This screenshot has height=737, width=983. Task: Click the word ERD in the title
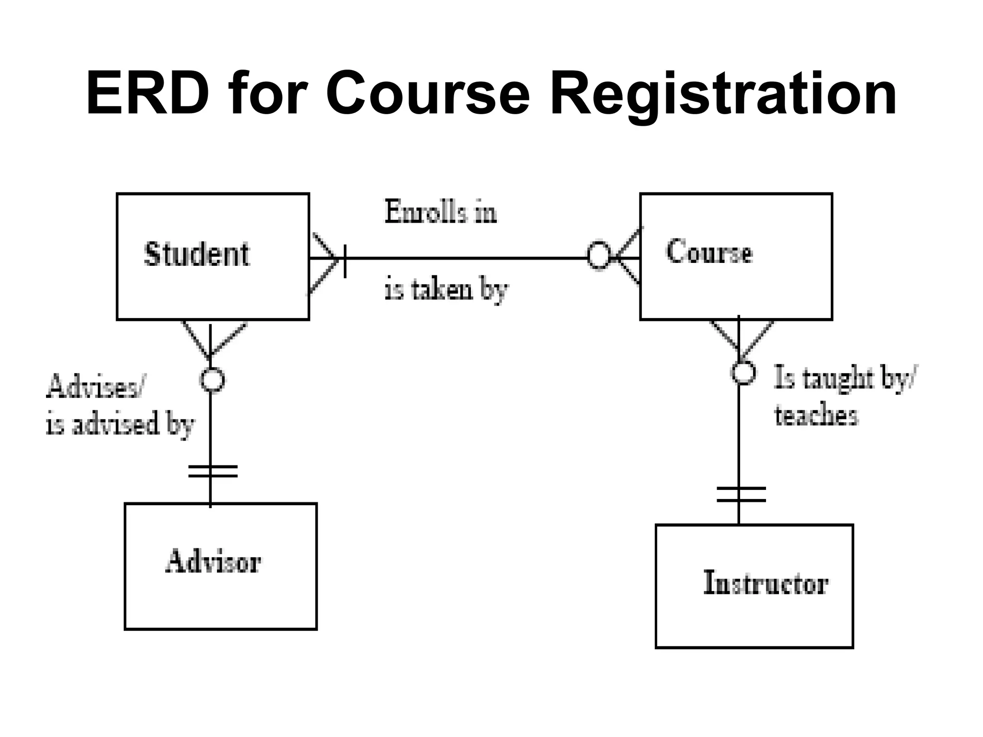(x=147, y=94)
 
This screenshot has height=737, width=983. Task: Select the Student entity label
(x=197, y=254)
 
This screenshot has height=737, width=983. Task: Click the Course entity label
(x=709, y=252)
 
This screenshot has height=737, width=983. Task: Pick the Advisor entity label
(x=213, y=561)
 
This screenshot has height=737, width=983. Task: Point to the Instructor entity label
(x=766, y=583)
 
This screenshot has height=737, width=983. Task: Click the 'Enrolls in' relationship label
(x=440, y=212)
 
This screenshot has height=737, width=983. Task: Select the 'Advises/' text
(x=95, y=387)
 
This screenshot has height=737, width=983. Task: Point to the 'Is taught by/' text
(x=845, y=379)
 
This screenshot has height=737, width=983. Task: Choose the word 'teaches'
(x=816, y=416)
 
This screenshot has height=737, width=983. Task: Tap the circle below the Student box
(x=212, y=380)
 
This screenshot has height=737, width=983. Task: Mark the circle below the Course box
(x=743, y=372)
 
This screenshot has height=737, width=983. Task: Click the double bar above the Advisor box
(x=212, y=471)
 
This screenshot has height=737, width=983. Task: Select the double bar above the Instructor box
(x=741, y=494)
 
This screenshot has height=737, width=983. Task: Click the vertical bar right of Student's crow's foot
(x=345, y=261)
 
